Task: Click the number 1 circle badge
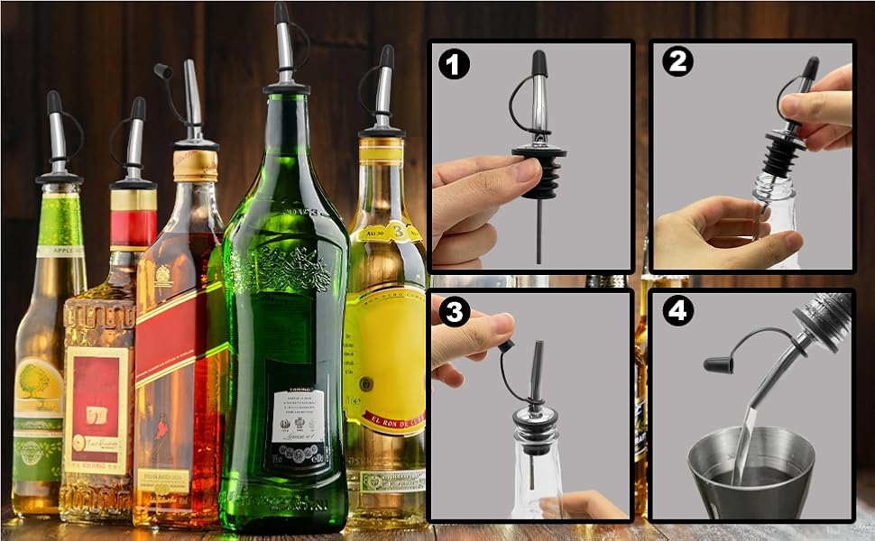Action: tap(454, 66)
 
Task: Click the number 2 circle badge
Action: tap(677, 63)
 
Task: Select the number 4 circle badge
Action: tap(677, 311)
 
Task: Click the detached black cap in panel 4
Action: tap(719, 364)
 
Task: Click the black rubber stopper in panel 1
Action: tap(539, 171)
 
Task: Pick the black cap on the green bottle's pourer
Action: tap(281, 13)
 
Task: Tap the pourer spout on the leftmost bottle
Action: tap(57, 135)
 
